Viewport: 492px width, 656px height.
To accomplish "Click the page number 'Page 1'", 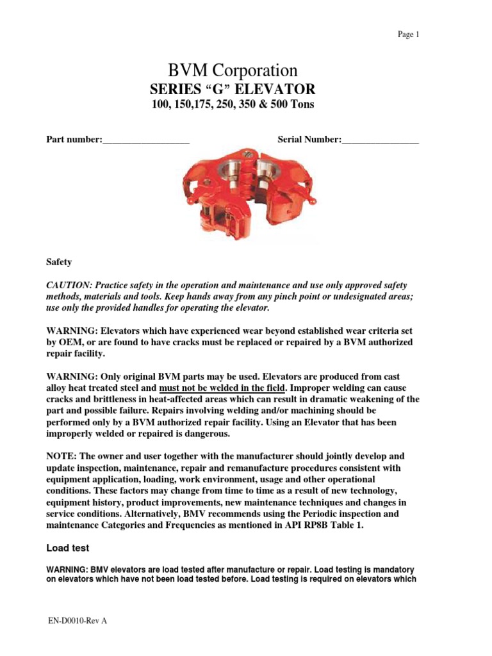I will (x=408, y=35).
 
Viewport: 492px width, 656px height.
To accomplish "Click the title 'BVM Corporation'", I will (x=232, y=70).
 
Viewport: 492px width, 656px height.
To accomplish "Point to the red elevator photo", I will (x=245, y=195).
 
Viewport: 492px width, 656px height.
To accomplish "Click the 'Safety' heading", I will (x=59, y=262).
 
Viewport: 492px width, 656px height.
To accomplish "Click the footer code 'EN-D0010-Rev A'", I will (x=76, y=622).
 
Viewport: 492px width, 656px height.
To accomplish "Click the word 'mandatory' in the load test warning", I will (x=393, y=570).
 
